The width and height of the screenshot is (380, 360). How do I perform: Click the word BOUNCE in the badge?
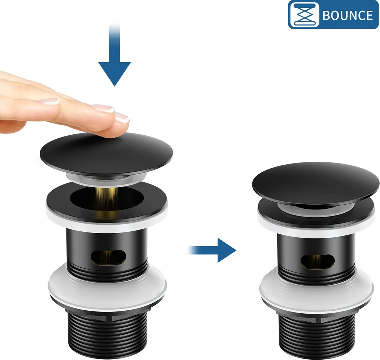pos(347,15)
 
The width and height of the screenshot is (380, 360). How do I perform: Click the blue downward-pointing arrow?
pos(115,55)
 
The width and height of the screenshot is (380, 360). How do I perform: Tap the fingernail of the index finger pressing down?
pos(122,117)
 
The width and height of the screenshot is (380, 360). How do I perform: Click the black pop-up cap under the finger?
pos(107,154)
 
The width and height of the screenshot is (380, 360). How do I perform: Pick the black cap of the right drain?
pos(315,183)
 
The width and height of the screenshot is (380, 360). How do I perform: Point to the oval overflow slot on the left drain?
pos(108,257)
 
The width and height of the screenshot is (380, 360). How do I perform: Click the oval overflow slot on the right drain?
pos(318,261)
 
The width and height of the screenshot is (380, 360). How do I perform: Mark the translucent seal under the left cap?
pos(107,179)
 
